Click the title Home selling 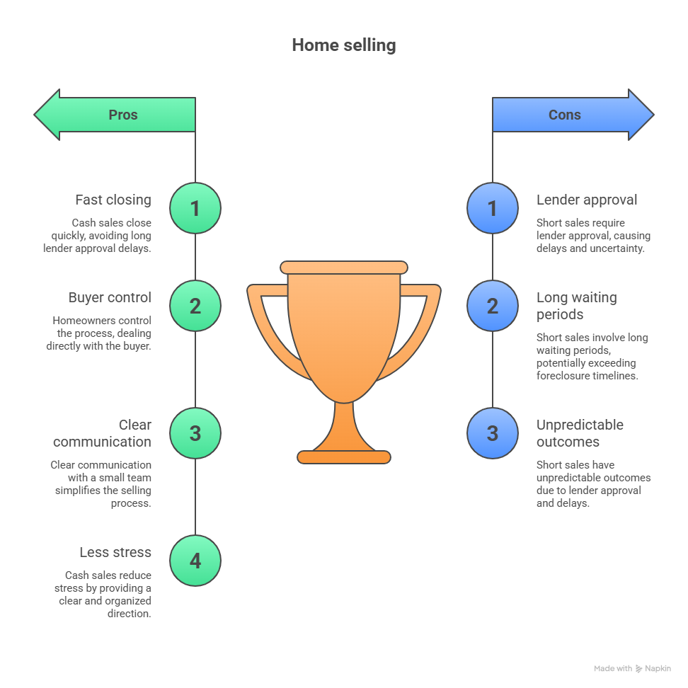pos(343,45)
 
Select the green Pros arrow pos(117,115)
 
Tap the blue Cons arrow pos(571,115)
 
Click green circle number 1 pos(195,208)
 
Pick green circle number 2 pos(195,306)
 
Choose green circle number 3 pos(195,433)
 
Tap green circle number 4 pos(195,561)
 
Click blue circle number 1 pos(493,208)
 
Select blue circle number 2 pos(493,306)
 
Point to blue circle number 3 pos(493,433)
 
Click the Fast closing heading pos(113,200)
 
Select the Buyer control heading pos(110,297)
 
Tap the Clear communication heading pos(103,433)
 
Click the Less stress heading pos(115,552)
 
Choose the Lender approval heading pos(587,200)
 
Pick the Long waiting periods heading pos(576,306)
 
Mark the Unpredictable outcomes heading pos(580,433)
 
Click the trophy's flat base pos(344,457)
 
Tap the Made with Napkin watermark pos(632,668)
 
